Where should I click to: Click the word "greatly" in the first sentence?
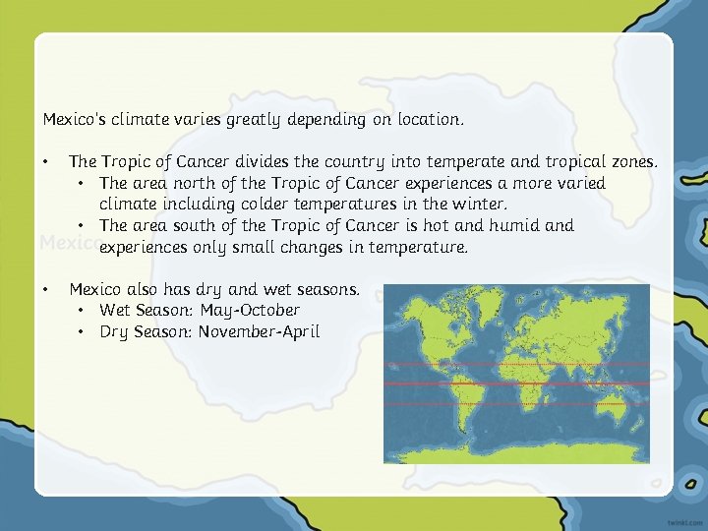[x=253, y=120]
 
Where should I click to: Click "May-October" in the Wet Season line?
[x=250, y=311]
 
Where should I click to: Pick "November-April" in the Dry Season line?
[x=259, y=332]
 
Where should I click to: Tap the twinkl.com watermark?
[x=676, y=516]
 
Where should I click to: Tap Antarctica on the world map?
[x=516, y=452]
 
